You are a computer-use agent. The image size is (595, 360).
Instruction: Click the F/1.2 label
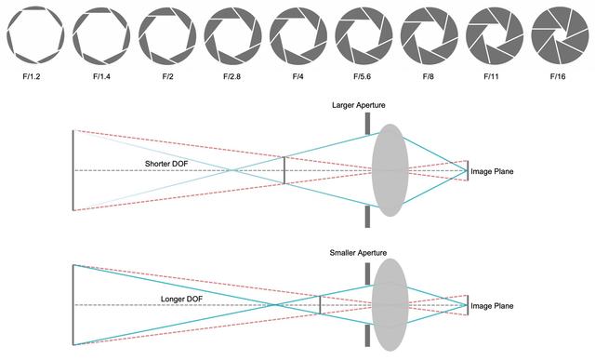pos(32,76)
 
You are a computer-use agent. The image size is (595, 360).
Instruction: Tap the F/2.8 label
pos(231,76)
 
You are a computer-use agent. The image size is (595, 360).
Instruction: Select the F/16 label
pos(558,76)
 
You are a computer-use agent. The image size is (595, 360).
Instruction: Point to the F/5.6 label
pos(362,76)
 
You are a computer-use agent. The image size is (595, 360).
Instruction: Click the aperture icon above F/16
pos(560,36)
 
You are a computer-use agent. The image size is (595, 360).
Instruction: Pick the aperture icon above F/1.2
pos(35,36)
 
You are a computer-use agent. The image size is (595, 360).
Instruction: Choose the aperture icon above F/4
pos(298,36)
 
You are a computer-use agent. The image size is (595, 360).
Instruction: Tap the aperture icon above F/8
pos(430,36)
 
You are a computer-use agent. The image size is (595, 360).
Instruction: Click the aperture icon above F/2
pos(167,36)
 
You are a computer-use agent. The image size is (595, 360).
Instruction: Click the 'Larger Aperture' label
pos(359,105)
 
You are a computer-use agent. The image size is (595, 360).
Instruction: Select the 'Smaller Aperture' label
pos(358,253)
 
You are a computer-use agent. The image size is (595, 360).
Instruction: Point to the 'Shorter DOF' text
pos(166,164)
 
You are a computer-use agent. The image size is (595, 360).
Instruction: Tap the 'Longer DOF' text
pos(182,300)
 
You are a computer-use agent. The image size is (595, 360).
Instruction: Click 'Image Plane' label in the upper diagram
pos(492,172)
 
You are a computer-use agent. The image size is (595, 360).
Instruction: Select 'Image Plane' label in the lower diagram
pos(492,306)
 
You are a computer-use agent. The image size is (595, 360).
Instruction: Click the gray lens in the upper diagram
pos(390,170)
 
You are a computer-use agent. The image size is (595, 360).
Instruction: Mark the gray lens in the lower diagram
pos(390,305)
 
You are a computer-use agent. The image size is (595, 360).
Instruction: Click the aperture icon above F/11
pos(495,36)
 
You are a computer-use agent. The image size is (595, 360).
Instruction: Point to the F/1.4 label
pos(101,76)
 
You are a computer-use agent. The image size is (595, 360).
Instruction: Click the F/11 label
pos(492,76)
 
